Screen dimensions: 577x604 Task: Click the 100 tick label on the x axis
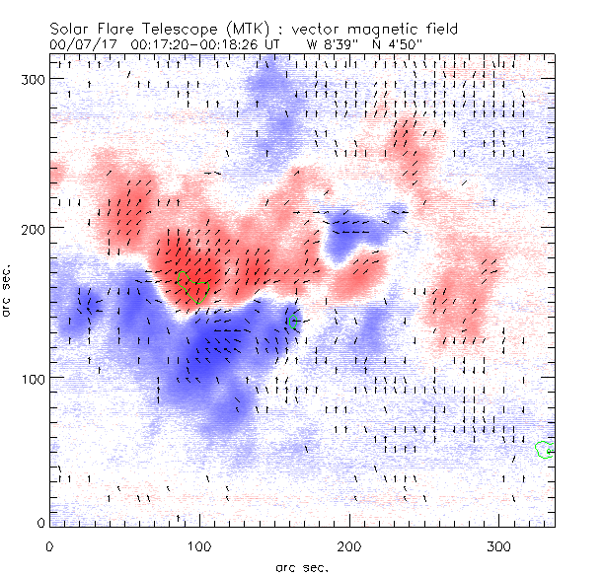[x=199, y=545]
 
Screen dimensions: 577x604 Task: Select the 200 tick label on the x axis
[x=349, y=545]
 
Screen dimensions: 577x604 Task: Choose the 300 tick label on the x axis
[x=499, y=545]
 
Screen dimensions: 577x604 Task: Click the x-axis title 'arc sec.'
[x=302, y=566]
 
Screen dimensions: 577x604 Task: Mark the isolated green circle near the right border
[x=542, y=450]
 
